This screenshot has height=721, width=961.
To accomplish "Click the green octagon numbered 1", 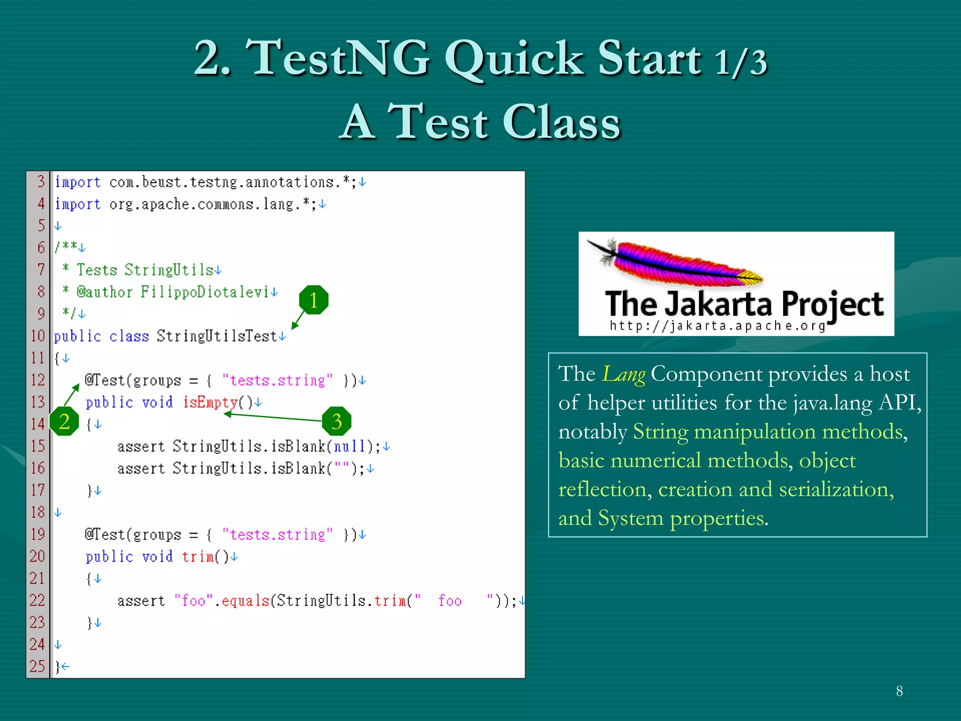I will tap(313, 300).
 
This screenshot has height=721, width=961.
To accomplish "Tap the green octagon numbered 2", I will tap(64, 421).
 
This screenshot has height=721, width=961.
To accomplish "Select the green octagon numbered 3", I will tap(336, 421).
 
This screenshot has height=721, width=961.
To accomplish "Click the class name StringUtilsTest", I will tap(217, 336).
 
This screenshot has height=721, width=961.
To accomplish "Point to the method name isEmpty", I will tap(210, 402).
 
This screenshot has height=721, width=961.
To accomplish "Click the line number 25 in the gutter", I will tap(38, 666).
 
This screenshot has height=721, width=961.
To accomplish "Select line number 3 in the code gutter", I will tap(41, 181).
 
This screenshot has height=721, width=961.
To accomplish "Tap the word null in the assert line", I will tap(349, 446).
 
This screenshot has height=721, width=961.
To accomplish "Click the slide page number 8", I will tap(899, 691).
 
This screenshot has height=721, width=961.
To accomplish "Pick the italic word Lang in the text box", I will tap(624, 375).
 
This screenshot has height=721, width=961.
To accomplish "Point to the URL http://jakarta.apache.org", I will tap(717, 325).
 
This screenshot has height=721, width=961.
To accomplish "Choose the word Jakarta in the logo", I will tap(718, 304).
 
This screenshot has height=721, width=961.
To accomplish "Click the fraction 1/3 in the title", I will tap(741, 62).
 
